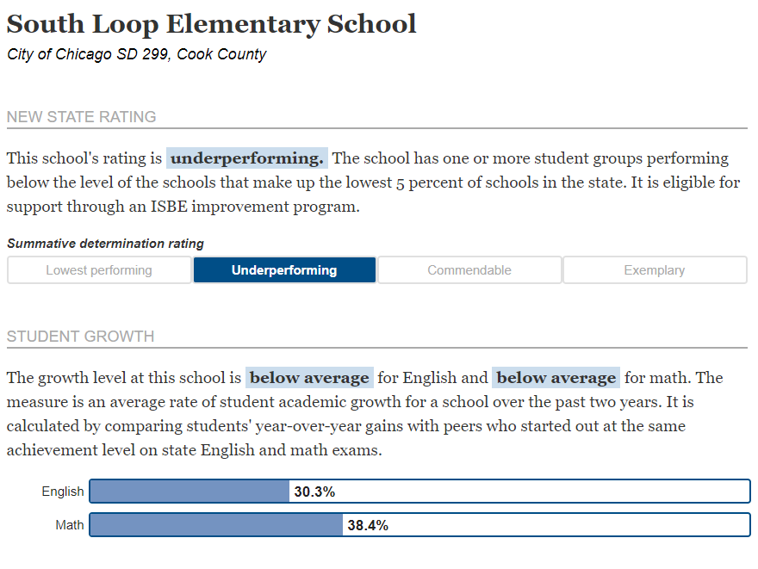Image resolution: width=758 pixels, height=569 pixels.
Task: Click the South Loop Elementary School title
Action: click(211, 24)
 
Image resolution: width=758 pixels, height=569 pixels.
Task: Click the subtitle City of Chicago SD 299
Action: click(137, 54)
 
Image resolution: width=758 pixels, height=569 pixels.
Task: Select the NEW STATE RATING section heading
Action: click(82, 117)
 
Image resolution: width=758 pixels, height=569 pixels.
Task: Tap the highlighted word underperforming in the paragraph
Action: click(247, 158)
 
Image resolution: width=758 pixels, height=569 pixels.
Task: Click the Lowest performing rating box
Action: click(99, 270)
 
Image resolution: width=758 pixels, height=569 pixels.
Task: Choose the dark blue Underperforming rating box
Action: click(284, 270)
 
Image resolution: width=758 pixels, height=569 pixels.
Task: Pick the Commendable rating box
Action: click(469, 270)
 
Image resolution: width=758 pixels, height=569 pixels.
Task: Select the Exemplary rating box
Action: click(655, 270)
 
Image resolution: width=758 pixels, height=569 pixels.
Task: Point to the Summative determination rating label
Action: click(105, 244)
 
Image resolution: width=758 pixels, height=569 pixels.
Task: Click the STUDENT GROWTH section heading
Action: click(81, 337)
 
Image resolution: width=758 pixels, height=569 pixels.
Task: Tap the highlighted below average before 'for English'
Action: click(309, 378)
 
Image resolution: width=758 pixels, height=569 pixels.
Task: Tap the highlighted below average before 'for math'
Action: click(556, 378)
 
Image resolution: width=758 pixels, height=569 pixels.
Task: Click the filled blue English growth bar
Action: click(189, 492)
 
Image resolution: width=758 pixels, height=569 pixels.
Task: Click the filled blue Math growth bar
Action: click(216, 524)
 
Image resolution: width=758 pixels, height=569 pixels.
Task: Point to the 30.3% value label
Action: click(314, 492)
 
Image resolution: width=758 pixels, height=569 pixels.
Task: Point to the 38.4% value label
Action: click(368, 524)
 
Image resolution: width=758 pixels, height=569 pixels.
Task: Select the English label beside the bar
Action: click(63, 492)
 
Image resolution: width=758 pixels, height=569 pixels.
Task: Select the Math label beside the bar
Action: click(70, 524)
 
